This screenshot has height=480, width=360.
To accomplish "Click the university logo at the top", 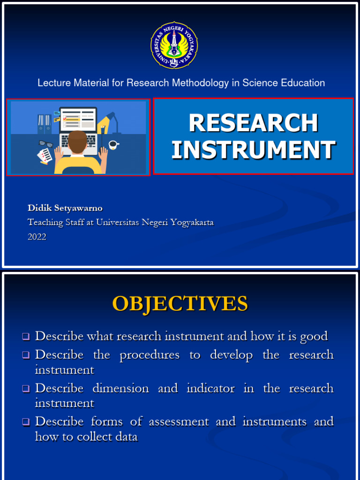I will click(174, 45).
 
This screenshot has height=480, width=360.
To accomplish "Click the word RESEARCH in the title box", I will click(253, 123).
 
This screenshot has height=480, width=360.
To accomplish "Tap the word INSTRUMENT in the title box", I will click(253, 150).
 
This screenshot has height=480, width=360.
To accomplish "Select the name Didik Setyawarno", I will click(65, 208).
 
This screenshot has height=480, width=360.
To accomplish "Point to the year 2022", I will click(37, 237).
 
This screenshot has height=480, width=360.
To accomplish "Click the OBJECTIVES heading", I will click(180, 304).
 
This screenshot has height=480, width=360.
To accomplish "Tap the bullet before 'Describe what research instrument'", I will click(26, 337).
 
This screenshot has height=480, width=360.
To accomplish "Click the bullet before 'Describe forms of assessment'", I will click(26, 422).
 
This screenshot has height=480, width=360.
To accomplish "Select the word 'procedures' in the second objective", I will click(150, 355).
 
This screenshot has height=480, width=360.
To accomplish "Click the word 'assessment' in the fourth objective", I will click(178, 421).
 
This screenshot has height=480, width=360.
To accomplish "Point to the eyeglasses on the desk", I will click(45, 143).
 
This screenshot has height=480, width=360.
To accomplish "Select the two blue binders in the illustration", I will click(44, 124).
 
